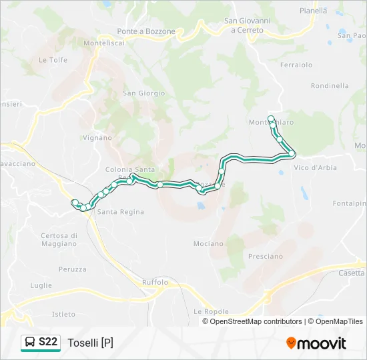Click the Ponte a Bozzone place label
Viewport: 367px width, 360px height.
click(146, 31)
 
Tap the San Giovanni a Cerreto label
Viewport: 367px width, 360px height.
click(248, 26)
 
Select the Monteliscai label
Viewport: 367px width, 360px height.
click(104, 43)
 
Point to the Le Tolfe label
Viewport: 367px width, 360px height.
click(53, 59)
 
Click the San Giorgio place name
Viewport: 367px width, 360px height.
click(143, 93)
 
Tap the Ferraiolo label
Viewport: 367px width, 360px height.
click(296, 65)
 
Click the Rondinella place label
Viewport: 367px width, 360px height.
click(330, 85)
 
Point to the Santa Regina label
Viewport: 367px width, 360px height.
click(121, 212)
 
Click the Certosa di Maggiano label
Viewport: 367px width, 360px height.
click(59, 239)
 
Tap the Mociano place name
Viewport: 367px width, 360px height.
click(208, 243)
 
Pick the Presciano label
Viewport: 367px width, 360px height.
click(265, 256)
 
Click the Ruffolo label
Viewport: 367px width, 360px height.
click(155, 282)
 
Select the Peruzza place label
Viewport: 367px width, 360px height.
click(72, 269)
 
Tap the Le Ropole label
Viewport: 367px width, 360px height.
click(211, 311)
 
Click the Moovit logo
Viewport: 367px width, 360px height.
click(316, 343)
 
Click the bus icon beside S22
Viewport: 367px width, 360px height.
click(31, 343)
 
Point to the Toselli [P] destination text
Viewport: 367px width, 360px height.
click(90, 343)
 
